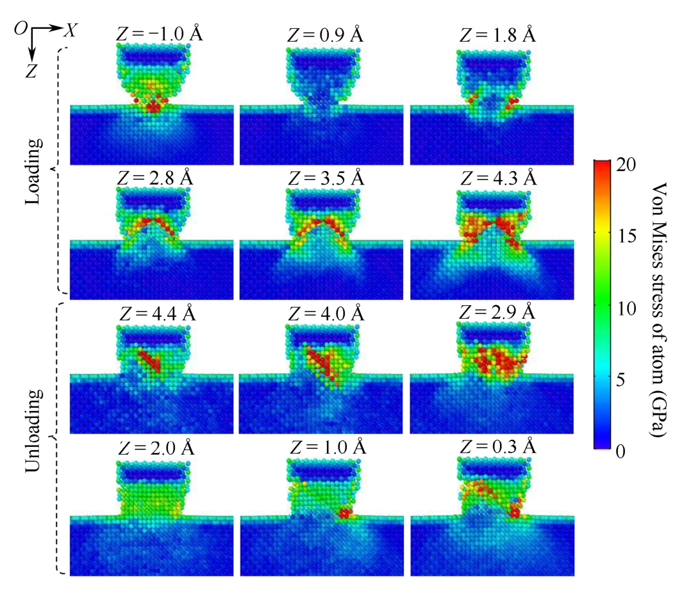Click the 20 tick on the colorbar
pos(629,165)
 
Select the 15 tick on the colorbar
pos(629,236)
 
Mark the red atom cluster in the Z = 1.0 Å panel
pos(346,513)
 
